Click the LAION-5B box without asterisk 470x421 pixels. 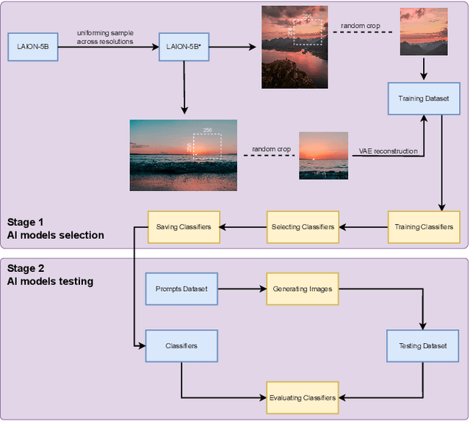tap(33, 47)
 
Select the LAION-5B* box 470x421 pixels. tap(181, 47)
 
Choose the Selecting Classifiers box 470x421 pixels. tap(303, 226)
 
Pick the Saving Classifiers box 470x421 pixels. tap(184, 226)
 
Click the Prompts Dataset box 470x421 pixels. tap(181, 289)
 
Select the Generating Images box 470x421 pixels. tap(303, 289)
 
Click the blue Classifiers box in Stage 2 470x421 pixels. tap(181, 346)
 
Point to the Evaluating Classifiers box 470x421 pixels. tap(303, 397)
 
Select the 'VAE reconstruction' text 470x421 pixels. tap(388, 151)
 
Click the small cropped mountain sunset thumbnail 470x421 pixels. tap(424, 32)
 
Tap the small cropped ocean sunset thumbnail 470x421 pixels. tap(323, 156)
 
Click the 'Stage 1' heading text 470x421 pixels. tap(26, 222)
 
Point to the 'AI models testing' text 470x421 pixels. tap(49, 281)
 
